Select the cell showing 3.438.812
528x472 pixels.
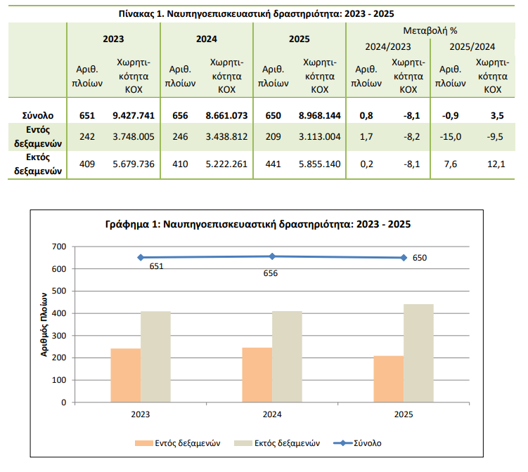click(226, 136)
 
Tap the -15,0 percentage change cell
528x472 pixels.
click(450, 136)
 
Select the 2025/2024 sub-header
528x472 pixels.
click(472, 47)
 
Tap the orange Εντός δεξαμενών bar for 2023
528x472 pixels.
click(126, 375)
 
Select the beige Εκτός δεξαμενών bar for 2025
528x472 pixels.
click(418, 353)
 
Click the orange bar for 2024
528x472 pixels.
click(257, 374)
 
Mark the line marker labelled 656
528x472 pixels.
click(272, 256)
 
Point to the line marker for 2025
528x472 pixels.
click(404, 258)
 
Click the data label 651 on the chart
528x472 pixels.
click(156, 266)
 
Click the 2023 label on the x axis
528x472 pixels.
click(141, 415)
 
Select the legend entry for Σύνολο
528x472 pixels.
click(366, 443)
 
